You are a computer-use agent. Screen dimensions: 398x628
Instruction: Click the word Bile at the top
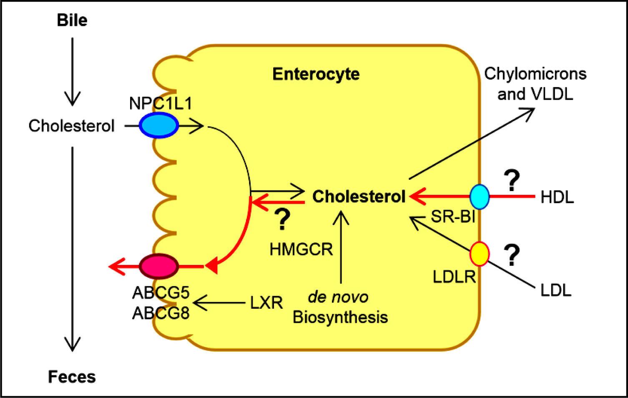72,20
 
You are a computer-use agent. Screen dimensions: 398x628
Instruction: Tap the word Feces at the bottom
72,377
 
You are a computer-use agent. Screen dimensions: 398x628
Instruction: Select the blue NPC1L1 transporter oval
158,125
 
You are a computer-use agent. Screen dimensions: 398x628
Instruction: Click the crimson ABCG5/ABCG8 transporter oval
159,265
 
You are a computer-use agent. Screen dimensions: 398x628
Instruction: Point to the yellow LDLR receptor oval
480,254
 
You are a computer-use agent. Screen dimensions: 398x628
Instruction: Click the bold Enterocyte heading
316,74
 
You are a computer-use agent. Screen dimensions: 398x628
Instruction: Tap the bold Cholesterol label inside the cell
359,196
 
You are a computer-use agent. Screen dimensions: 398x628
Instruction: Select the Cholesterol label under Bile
71,126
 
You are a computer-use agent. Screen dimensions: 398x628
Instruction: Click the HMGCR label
301,249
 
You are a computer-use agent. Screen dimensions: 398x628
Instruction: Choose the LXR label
266,302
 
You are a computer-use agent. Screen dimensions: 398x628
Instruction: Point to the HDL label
557,197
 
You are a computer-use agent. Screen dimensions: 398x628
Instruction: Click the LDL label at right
556,290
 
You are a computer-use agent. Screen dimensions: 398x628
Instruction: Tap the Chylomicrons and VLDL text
535,84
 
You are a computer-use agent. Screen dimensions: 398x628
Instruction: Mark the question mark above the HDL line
512,180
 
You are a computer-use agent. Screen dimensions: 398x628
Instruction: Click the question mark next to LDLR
512,256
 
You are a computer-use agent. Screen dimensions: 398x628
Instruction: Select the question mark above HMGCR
282,220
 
